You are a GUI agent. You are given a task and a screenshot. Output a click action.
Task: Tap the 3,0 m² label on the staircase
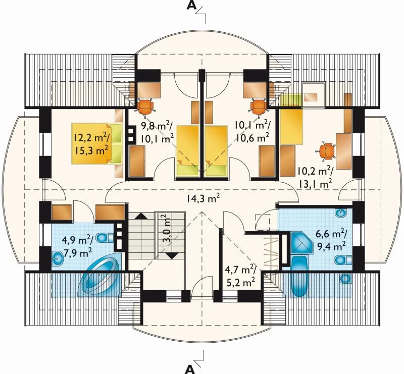167,229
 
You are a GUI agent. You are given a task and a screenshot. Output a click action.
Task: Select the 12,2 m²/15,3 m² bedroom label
91,144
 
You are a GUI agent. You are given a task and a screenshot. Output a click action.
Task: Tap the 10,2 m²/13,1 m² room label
315,178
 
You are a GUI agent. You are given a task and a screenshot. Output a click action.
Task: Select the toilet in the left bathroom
105,237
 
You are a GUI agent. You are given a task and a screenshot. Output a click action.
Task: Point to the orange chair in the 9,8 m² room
145,108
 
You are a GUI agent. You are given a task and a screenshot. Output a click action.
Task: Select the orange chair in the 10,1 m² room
259,108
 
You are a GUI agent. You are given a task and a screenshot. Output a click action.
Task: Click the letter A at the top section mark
191,6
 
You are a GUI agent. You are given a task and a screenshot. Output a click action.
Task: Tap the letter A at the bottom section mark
190,369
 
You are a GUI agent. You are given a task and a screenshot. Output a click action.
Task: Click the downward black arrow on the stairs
172,255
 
